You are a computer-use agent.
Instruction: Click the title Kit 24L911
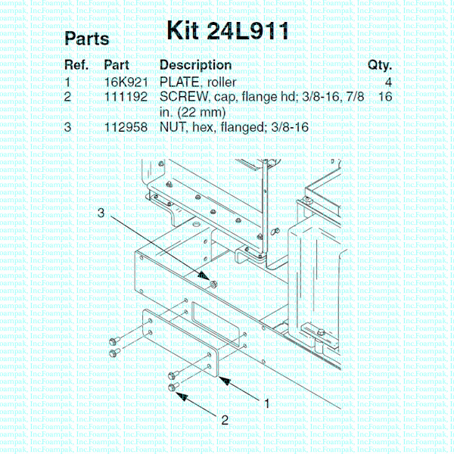pos(226,31)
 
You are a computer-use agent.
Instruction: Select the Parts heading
pos(87,39)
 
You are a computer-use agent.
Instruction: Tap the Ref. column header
pos(77,65)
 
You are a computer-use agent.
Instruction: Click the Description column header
pos(195,65)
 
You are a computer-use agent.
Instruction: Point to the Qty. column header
pos(379,65)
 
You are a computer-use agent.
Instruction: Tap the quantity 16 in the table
pos(384,97)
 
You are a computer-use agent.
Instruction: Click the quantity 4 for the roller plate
pos(387,82)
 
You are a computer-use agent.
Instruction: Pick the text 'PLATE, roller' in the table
pos(198,82)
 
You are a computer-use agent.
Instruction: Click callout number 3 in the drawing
pos(101,214)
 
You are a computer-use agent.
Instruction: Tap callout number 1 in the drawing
pos(266,403)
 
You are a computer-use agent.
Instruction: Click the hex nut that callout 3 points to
pos(213,283)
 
